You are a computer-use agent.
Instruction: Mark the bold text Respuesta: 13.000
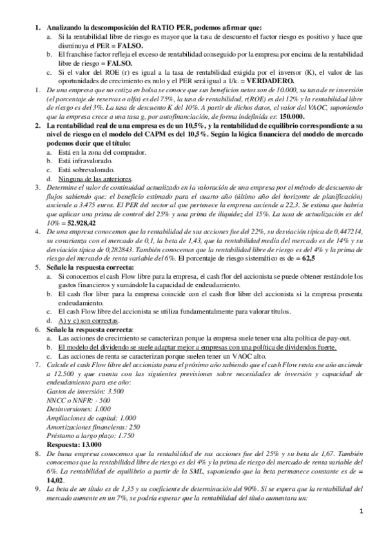(74, 444)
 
